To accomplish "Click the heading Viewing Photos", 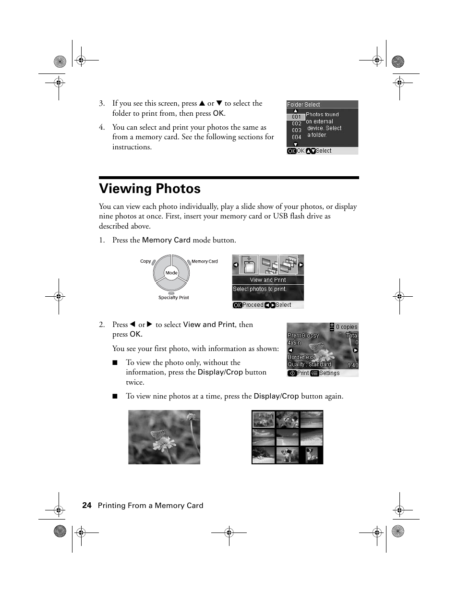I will point(150,189).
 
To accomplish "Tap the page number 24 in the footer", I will point(86,505).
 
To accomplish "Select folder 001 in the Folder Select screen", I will point(296,117).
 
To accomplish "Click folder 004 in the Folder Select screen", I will point(296,137).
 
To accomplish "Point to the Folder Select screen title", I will point(303,104).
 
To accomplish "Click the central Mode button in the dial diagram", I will point(171,273).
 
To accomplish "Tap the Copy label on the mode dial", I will point(145,261).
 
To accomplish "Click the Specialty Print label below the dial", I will point(173,298).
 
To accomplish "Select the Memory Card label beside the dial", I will point(205,262).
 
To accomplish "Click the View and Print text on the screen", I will point(267,280).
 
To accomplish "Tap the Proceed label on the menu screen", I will point(253,305).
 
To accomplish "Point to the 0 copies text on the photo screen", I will point(346,327).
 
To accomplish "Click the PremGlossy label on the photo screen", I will point(303,336).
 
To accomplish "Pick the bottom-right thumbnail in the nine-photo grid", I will point(312,455).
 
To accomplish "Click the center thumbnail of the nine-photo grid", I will point(288,437).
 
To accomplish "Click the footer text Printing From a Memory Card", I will point(150,505).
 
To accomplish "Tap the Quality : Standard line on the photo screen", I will point(309,364).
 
